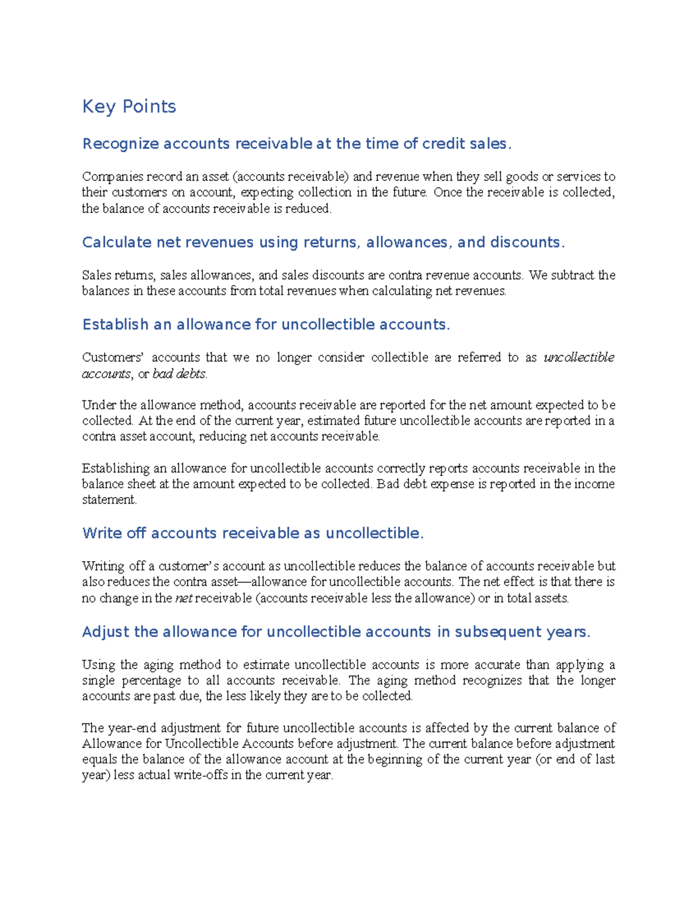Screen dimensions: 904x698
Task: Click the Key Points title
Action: [129, 107]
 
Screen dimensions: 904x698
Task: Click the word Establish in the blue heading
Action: [115, 324]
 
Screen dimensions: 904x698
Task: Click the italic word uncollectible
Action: [579, 357]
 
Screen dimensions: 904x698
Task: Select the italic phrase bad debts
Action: [179, 374]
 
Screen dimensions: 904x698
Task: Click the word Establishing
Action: [116, 468]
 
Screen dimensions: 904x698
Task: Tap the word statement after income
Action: [108, 500]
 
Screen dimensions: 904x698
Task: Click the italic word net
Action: [183, 598]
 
